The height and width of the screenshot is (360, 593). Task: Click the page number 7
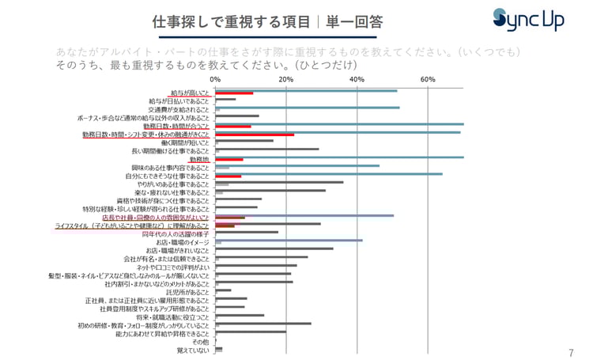[571, 353]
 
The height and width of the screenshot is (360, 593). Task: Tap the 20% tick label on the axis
[286, 80]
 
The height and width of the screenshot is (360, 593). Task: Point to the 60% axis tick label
[428, 80]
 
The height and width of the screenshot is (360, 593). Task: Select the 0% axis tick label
[216, 80]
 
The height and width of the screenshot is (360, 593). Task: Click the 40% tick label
[357, 80]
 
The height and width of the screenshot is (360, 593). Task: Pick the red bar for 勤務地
[229, 160]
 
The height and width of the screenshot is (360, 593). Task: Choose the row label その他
[200, 341]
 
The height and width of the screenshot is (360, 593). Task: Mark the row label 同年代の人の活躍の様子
[176, 233]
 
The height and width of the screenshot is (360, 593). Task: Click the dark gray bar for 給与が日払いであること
[225, 100]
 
